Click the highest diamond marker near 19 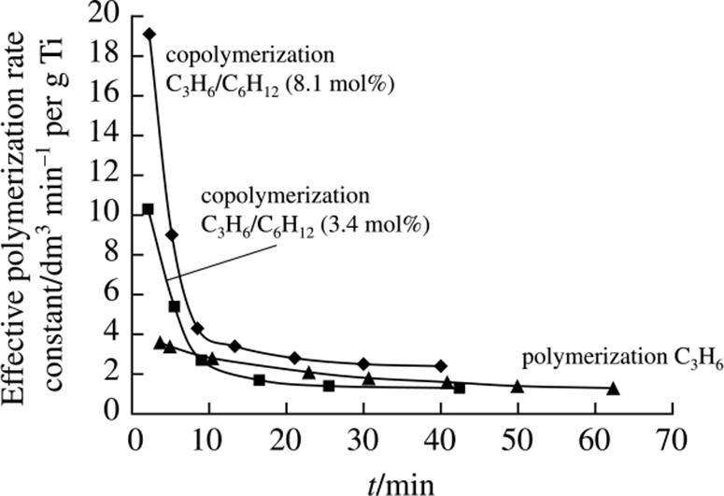point(149,34)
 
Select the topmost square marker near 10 point(148,209)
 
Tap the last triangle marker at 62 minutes point(613,388)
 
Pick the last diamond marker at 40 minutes point(441,365)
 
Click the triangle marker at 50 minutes point(517,386)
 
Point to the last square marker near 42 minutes point(459,388)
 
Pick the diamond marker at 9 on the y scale point(172,234)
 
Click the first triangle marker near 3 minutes point(160,343)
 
